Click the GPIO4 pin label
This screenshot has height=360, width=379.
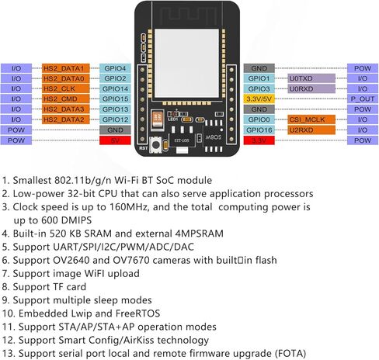(115, 68)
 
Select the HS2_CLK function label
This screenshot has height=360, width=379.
(66, 88)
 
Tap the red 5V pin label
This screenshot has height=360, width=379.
(115, 140)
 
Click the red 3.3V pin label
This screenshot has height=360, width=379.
(259, 140)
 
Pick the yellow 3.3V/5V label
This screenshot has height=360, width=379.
(259, 99)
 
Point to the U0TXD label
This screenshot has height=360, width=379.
(311, 78)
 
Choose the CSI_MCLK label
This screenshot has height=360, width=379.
(311, 119)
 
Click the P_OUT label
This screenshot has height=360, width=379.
(363, 99)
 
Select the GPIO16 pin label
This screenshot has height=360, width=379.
(259, 130)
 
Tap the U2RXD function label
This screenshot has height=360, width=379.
(311, 130)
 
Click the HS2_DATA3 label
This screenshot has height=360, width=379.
(66, 109)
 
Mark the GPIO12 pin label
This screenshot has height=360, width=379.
(115, 119)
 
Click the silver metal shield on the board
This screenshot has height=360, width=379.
(186, 63)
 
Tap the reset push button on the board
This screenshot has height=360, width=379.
(156, 145)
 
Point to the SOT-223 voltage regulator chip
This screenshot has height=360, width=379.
(182, 140)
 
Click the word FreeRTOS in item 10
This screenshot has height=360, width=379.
(137, 313)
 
